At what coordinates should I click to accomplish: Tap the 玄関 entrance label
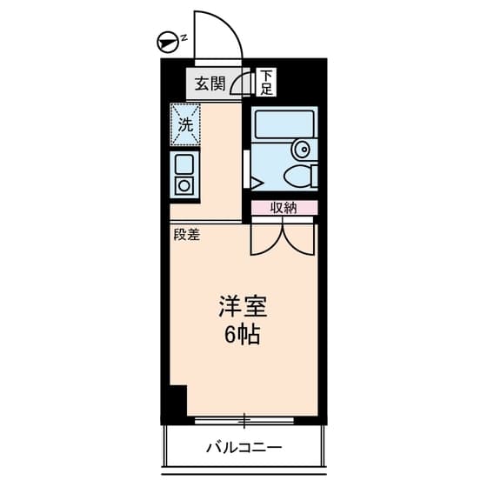pos(210,83)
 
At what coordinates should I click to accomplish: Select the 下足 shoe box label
pos(265,83)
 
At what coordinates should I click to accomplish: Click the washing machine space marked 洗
pos(185,123)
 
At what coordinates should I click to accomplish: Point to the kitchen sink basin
pos(184,163)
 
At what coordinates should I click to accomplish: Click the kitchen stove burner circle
pos(184,184)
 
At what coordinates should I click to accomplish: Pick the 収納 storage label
pos(284,207)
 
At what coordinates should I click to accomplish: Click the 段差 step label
pos(185,234)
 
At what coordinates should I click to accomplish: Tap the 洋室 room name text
pos(243,307)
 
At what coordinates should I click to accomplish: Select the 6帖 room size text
pos(243,336)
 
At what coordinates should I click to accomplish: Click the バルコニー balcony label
pos(243,449)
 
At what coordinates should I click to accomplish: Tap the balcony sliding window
pos(246,421)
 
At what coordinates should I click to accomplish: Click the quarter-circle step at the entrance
pos(244,84)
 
